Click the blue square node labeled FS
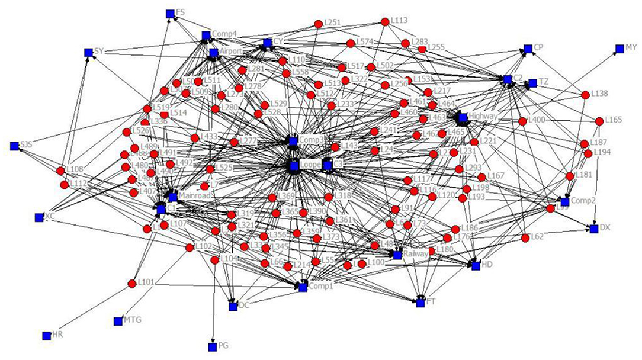(x=170, y=13)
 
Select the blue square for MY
(x=612, y=47)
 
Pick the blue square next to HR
(x=46, y=336)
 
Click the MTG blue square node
(x=117, y=321)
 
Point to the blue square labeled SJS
(x=14, y=146)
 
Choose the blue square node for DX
(x=594, y=228)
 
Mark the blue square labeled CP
(x=527, y=48)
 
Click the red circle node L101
(x=132, y=283)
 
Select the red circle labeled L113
(x=384, y=21)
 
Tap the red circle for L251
(x=317, y=24)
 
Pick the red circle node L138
(x=586, y=94)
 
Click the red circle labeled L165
(x=600, y=120)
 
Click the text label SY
(x=99, y=52)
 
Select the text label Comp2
(x=584, y=201)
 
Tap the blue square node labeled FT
(x=420, y=303)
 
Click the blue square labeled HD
(x=476, y=266)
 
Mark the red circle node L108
(x=60, y=171)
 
